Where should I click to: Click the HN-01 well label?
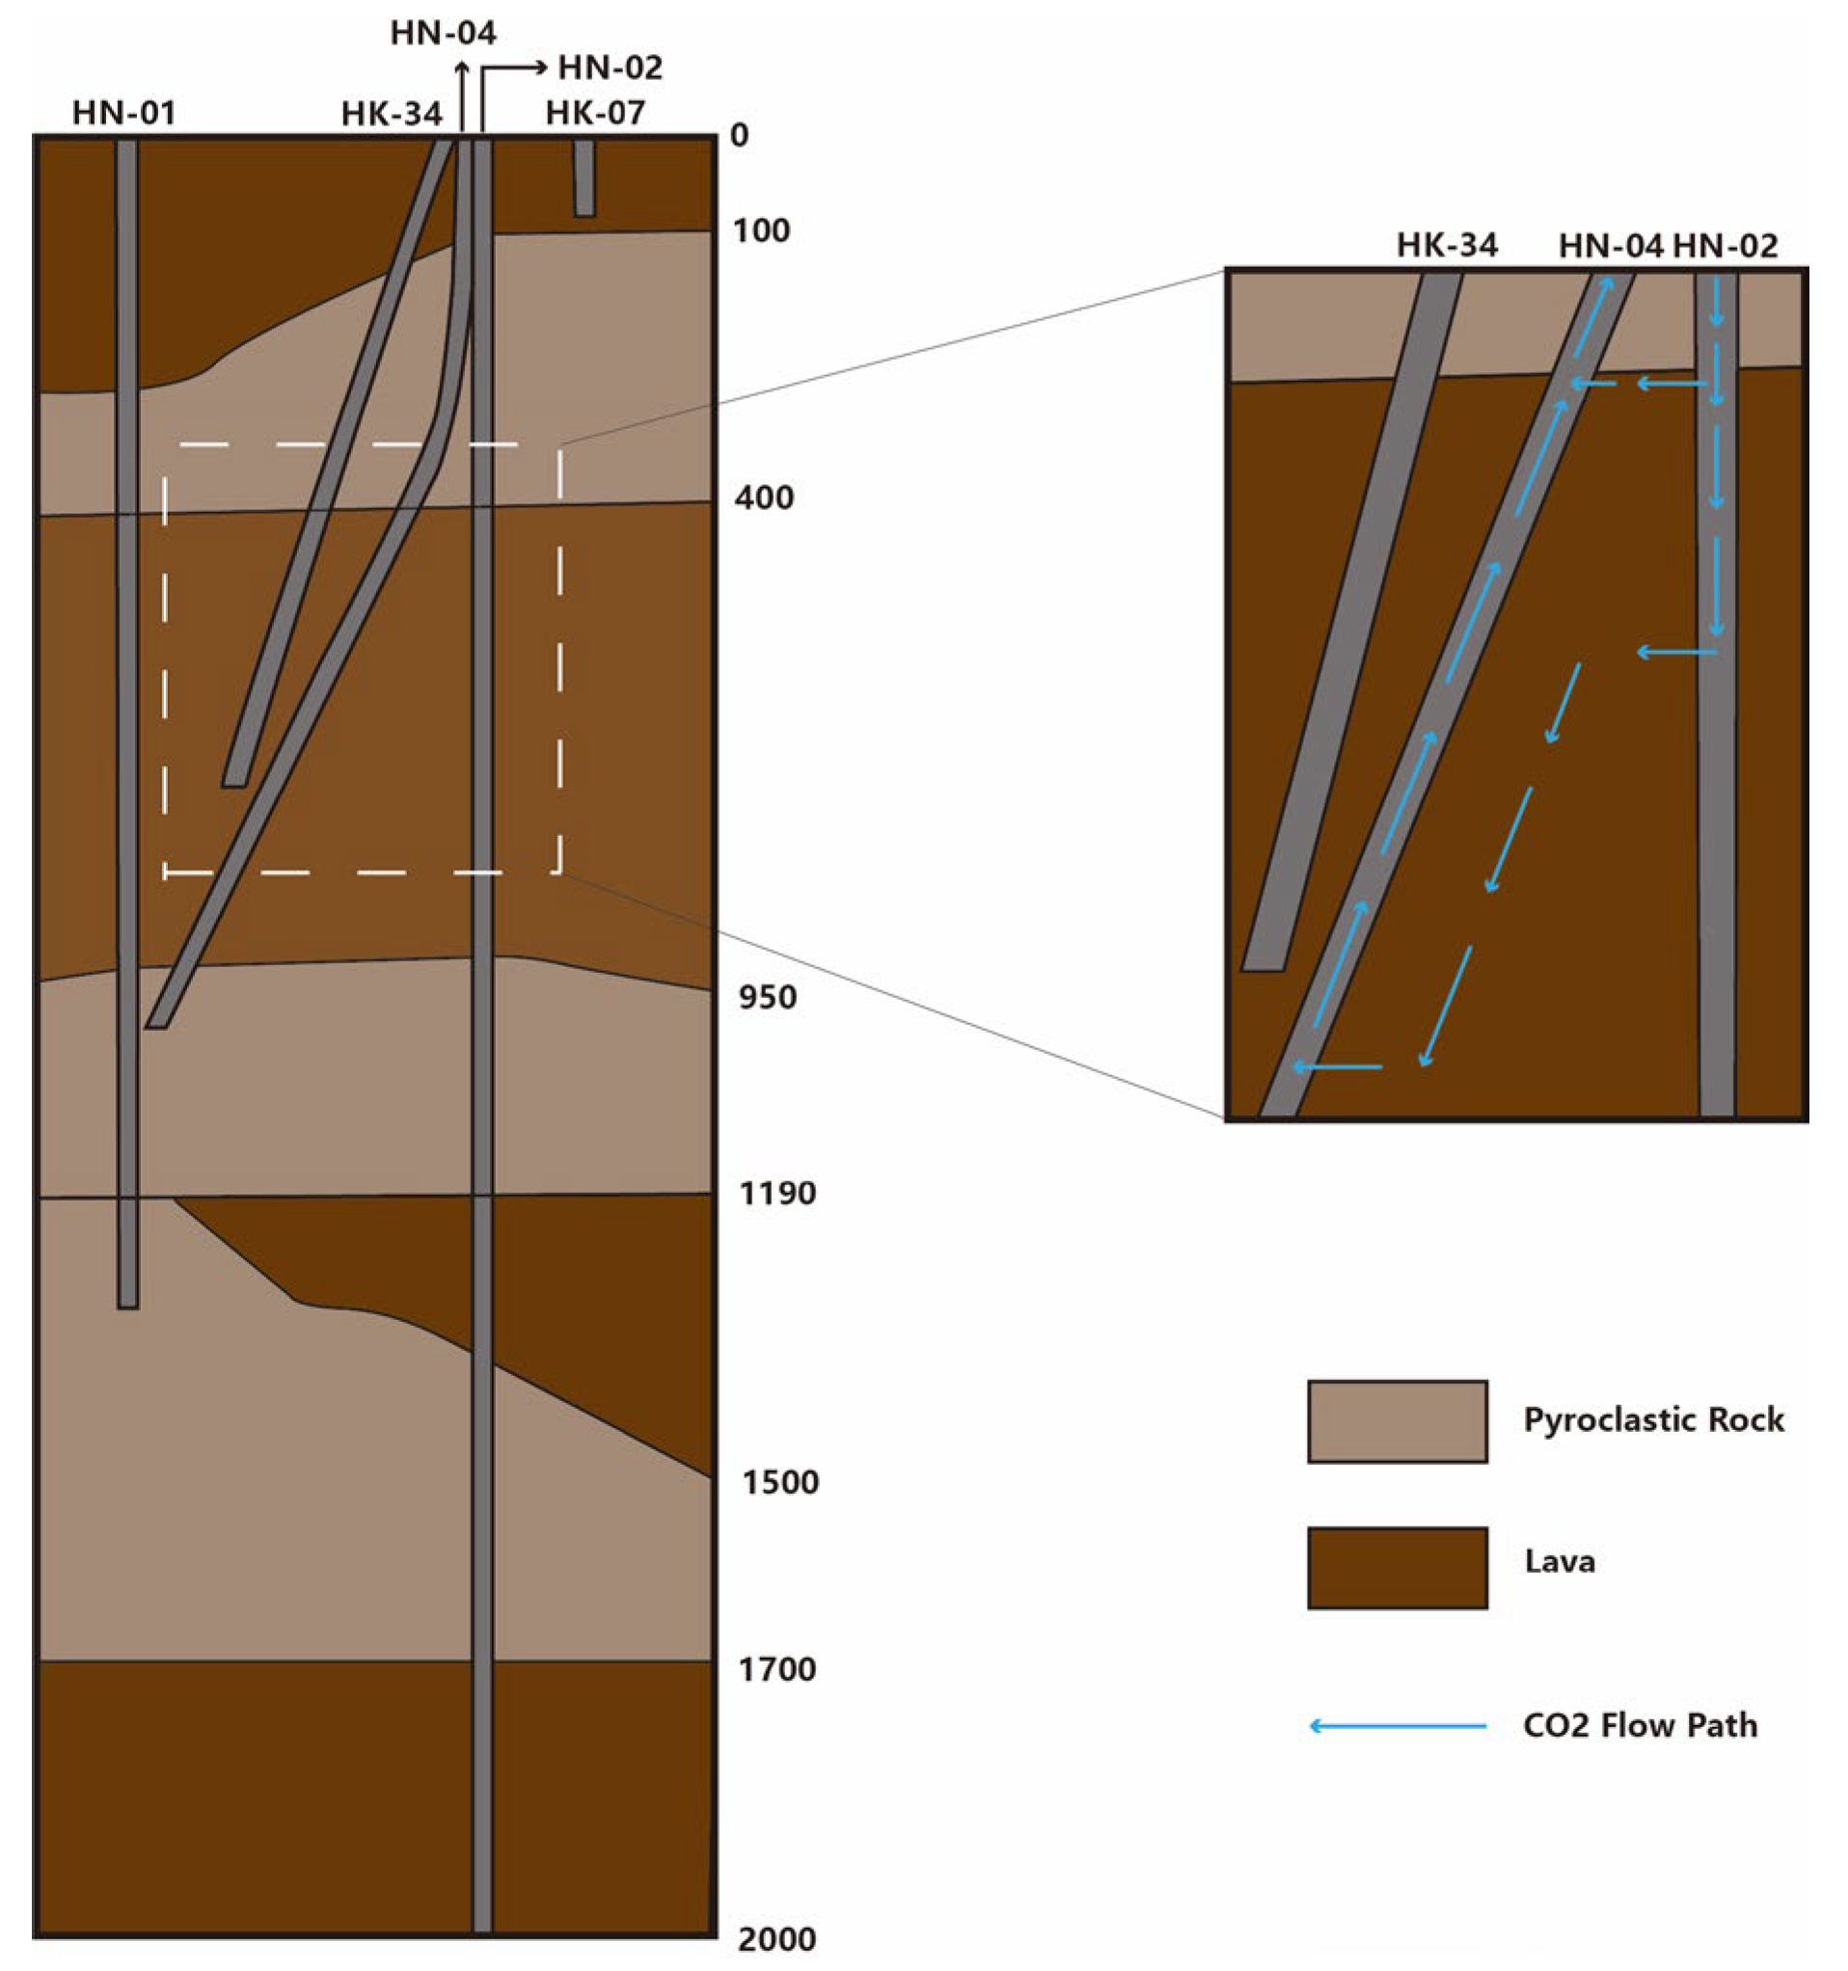(123, 113)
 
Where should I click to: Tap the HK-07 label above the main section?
(595, 113)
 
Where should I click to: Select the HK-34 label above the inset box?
(1447, 245)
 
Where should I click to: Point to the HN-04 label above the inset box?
(1609, 245)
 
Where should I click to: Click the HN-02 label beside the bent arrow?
(610, 67)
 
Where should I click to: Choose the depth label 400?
(763, 497)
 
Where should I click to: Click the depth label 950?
(767, 997)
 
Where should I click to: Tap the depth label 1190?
(777, 1193)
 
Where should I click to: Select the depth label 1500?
(780, 1482)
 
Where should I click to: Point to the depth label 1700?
(777, 1669)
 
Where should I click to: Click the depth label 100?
(760, 231)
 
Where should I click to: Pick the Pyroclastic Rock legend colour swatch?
(1396, 1420)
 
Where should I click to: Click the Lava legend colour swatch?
(1396, 1567)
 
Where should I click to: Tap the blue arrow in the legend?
(1397, 1726)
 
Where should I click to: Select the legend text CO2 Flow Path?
(1640, 1726)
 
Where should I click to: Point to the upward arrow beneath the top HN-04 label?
(461, 94)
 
